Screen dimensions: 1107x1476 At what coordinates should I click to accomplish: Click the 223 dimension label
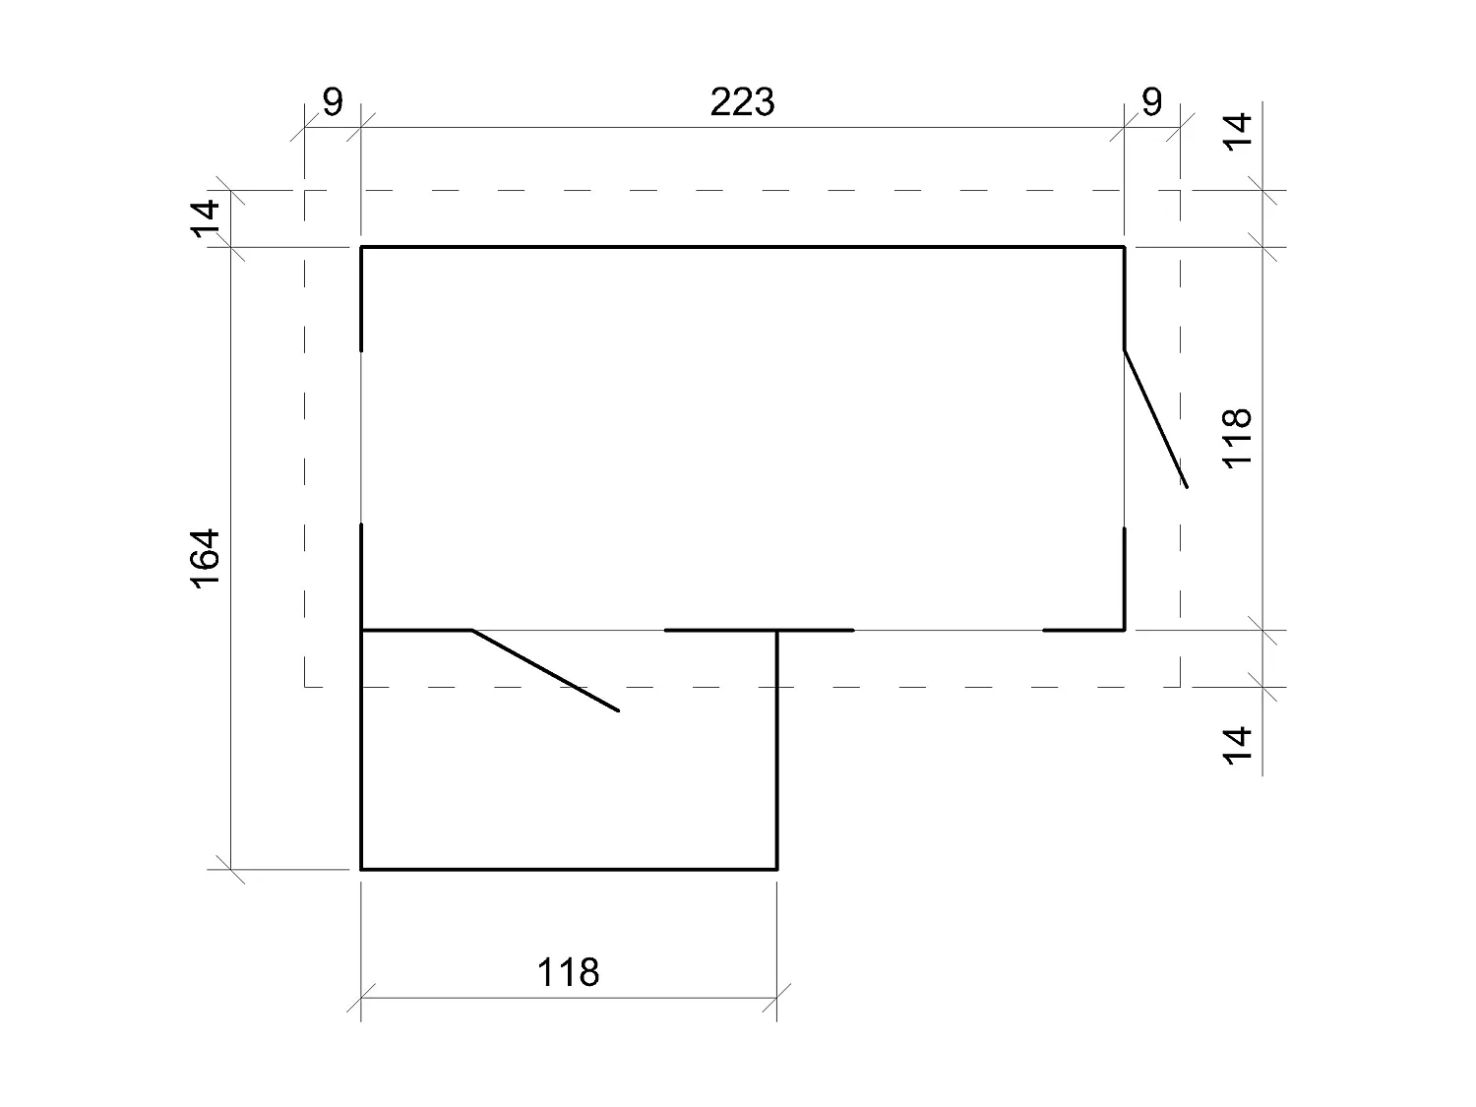(743, 102)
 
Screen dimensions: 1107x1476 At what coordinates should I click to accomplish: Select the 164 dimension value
(207, 559)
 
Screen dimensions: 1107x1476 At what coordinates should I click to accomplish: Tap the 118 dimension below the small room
(568, 972)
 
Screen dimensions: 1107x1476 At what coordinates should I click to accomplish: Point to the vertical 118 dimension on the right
(1237, 437)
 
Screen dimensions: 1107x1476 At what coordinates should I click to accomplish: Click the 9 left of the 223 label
(333, 102)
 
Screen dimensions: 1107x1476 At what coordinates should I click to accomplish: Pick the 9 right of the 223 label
(1151, 102)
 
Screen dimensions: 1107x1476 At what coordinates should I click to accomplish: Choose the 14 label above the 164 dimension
(207, 217)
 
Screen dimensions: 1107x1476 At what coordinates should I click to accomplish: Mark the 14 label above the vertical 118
(1239, 131)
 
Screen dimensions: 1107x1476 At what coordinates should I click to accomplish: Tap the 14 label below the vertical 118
(1239, 743)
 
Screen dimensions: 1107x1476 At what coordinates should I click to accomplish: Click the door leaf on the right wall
(1155, 418)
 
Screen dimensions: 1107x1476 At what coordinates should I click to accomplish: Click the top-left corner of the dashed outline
(305, 191)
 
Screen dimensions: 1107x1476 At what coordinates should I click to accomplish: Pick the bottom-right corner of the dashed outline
(1180, 686)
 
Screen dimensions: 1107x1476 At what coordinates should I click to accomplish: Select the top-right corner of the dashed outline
(1180, 191)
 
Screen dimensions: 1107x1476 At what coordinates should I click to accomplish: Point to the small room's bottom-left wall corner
(362, 869)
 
